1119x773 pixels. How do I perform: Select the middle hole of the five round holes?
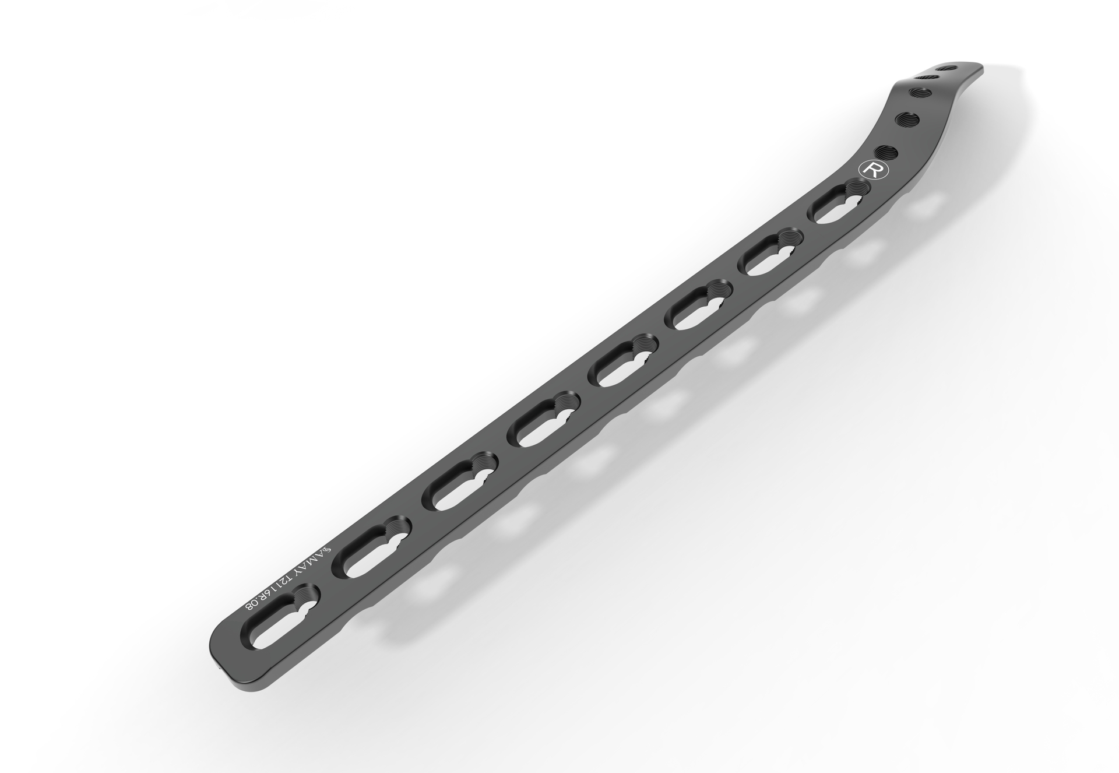[x=921, y=93]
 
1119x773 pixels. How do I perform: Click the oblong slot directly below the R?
[x=838, y=202]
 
